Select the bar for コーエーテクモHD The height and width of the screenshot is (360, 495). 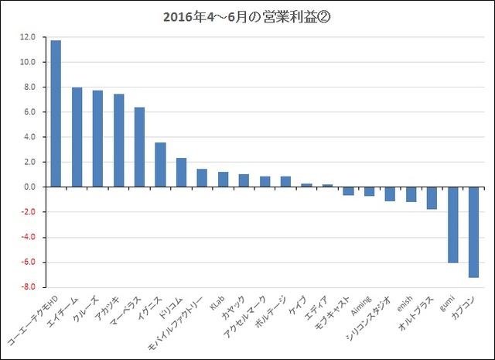tap(56, 113)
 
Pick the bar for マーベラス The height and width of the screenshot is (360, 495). tap(139, 147)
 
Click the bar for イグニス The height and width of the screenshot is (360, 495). tap(160, 164)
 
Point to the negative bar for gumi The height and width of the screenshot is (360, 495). tap(452, 225)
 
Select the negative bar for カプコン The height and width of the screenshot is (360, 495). tap(473, 232)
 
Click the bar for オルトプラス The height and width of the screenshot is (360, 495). tap(432, 198)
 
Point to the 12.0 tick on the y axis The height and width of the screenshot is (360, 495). tap(29, 37)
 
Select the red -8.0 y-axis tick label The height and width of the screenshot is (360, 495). tap(29, 287)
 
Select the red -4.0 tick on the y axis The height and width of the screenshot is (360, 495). tap(29, 237)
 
